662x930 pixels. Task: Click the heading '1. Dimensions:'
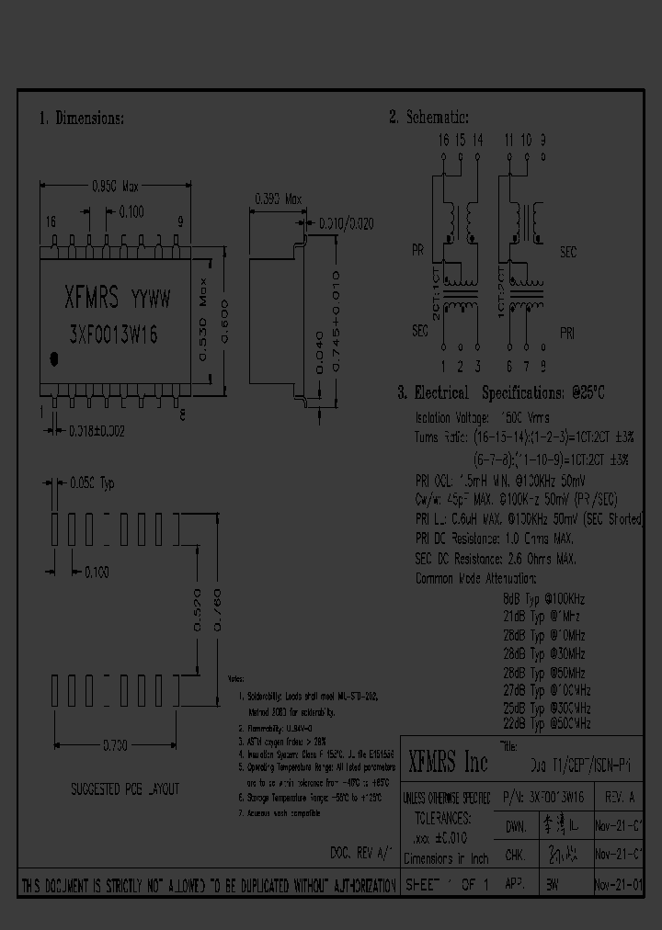coord(82,119)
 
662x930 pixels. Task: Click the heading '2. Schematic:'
coord(428,118)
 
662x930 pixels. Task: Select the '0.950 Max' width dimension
coord(115,184)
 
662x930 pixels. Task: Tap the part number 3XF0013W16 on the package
coord(112,336)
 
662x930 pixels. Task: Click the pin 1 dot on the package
coord(54,358)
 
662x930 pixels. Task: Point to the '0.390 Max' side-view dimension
coord(278,198)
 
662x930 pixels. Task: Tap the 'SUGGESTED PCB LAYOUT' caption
coord(125,789)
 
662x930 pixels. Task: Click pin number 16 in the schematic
coord(443,141)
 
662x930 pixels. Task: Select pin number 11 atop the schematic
coord(508,141)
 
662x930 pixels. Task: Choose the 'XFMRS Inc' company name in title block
coord(448,762)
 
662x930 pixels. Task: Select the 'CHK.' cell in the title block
coord(515,854)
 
